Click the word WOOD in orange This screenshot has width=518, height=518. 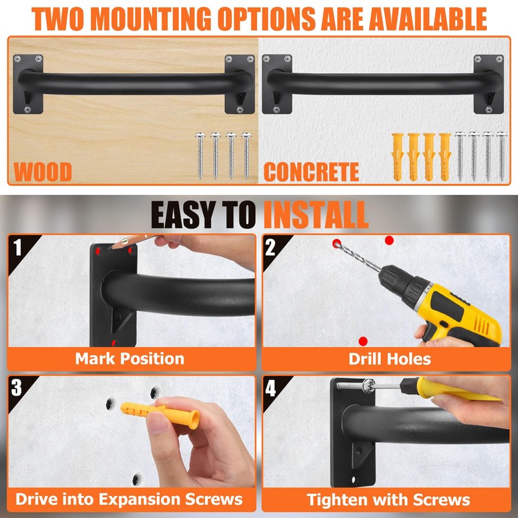(x=43, y=172)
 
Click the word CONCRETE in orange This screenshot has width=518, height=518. (x=311, y=172)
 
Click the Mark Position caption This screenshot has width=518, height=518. (x=129, y=358)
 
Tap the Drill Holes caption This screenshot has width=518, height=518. (x=389, y=358)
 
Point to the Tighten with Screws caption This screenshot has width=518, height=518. (x=388, y=499)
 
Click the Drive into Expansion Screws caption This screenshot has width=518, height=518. (x=129, y=499)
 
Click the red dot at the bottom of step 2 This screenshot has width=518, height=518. (x=363, y=341)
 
